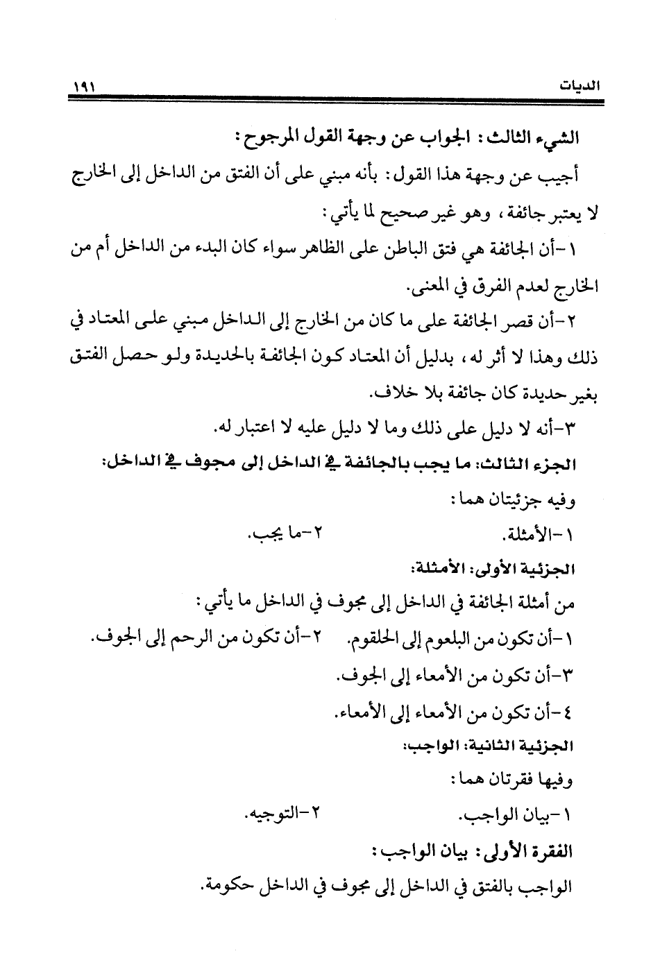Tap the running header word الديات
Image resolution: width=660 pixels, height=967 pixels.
[581, 88]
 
